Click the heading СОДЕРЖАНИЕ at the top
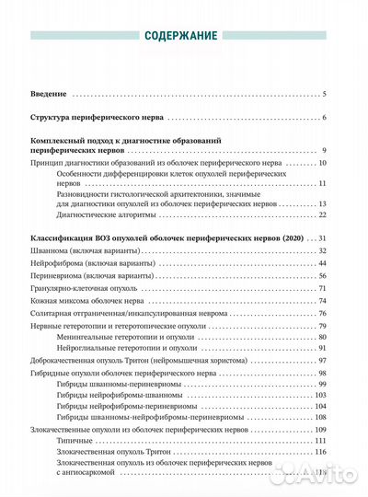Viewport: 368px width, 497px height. [183, 37]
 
